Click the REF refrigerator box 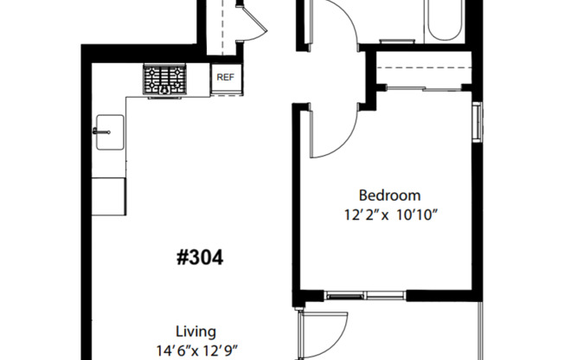click(226, 77)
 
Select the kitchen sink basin click(110, 131)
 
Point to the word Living click(195, 331)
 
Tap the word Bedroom click(389, 196)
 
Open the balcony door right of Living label click(322, 336)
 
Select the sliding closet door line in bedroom click(424, 87)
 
